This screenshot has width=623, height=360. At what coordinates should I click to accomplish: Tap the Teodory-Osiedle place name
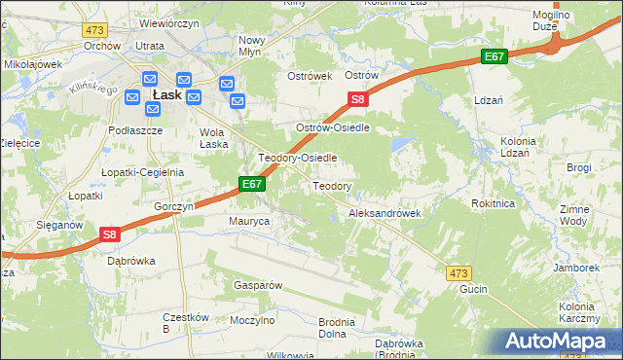pyautogui.click(x=297, y=158)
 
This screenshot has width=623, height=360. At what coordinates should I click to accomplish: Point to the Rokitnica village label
pyautogui.click(x=492, y=203)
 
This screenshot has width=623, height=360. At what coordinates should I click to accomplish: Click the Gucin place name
pyautogui.click(x=473, y=290)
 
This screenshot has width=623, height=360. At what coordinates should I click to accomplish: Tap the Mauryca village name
pyautogui.click(x=248, y=222)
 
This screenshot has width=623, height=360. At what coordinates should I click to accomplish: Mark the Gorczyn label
pyautogui.click(x=175, y=207)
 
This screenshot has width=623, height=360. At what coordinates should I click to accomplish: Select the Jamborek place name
pyautogui.click(x=575, y=267)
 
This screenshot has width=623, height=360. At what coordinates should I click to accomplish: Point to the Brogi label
pyautogui.click(x=578, y=167)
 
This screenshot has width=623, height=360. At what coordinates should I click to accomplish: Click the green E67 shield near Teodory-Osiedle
pyautogui.click(x=251, y=184)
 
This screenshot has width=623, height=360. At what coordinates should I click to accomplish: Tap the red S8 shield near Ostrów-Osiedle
pyautogui.click(x=358, y=99)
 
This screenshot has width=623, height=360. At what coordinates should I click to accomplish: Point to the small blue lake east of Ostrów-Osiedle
pyautogui.click(x=399, y=145)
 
